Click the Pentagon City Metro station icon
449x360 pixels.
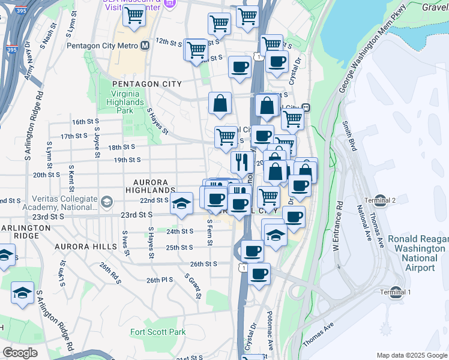(x=145, y=46)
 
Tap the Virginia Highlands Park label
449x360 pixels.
(x=125, y=102)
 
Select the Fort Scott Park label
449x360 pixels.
(x=158, y=332)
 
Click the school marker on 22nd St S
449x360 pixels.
(x=181, y=203)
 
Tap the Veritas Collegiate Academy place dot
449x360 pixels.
(x=107, y=200)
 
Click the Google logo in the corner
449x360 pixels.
(x=20, y=353)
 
